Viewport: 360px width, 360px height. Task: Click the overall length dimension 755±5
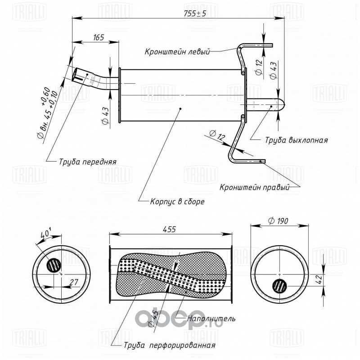pyautogui.click(x=195, y=13)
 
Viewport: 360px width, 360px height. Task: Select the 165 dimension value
pyautogui.click(x=99, y=37)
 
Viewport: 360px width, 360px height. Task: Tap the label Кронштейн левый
pyautogui.click(x=177, y=52)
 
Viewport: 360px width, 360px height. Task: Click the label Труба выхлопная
pyautogui.click(x=297, y=140)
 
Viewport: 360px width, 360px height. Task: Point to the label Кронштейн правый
pyautogui.click(x=254, y=187)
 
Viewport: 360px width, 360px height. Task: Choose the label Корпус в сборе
pyautogui.click(x=177, y=202)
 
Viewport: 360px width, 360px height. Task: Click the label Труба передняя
pyautogui.click(x=88, y=162)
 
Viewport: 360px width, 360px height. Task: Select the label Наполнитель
pyautogui.click(x=211, y=319)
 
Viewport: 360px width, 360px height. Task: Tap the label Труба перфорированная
pyautogui.click(x=170, y=345)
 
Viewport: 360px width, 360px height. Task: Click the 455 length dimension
pyautogui.click(x=170, y=229)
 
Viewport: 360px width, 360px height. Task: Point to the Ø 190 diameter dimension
pyautogui.click(x=278, y=221)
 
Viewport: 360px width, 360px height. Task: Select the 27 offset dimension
pyautogui.click(x=73, y=282)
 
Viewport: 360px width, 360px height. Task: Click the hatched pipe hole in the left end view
pyautogui.click(x=54, y=265)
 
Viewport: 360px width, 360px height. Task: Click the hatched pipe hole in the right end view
pyautogui.click(x=279, y=286)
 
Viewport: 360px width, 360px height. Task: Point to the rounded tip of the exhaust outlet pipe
pyautogui.click(x=283, y=105)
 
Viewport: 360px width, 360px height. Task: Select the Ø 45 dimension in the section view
pyautogui.click(x=153, y=318)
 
